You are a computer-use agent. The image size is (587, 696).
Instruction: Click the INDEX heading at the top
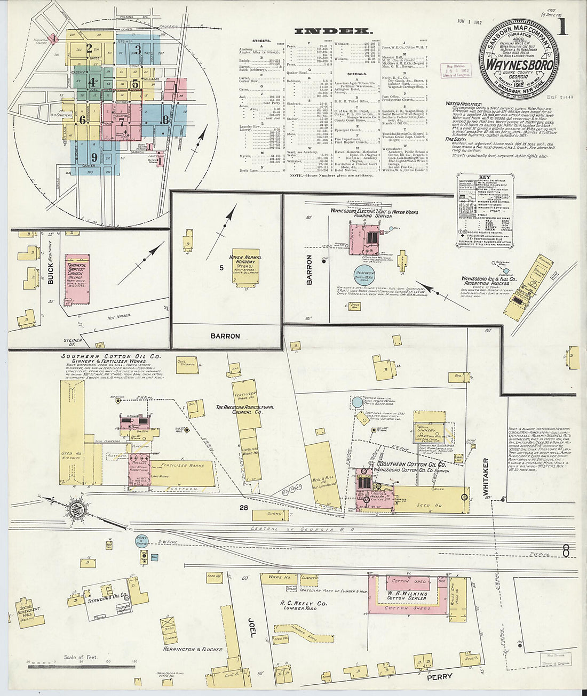click(x=332, y=31)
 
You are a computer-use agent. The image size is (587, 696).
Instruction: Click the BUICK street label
click(x=51, y=269)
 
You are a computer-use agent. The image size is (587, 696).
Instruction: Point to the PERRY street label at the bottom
click(x=439, y=676)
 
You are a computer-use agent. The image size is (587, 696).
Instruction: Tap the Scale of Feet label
click(x=81, y=657)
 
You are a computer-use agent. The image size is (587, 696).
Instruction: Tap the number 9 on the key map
click(x=94, y=157)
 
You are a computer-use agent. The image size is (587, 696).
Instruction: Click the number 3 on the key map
click(x=137, y=51)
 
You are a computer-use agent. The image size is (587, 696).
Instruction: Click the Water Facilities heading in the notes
click(x=465, y=104)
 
